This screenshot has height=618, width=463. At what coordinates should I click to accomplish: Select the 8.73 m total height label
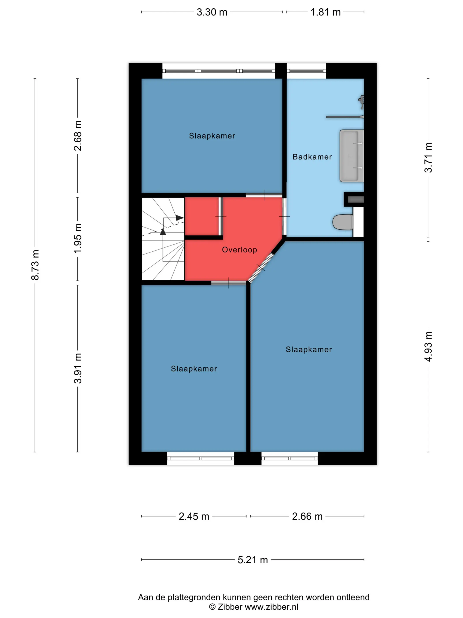pos(35,265)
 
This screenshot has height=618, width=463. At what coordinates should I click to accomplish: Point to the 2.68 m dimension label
pos(78,136)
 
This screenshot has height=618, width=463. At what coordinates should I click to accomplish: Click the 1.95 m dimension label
pos(78,239)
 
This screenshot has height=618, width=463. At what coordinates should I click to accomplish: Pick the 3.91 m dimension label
pos(78,368)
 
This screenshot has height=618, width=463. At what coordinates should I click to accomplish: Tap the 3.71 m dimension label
pos(428,158)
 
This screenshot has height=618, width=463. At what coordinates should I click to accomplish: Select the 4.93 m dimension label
pos(428,347)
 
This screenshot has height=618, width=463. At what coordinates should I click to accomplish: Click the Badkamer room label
pos(312,157)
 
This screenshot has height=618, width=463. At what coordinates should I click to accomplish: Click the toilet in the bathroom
pos(343,222)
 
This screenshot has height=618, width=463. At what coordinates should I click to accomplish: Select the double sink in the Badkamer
pos(352,156)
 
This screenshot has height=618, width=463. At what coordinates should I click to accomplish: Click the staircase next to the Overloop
pos(163,239)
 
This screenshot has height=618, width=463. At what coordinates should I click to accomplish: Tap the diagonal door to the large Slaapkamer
pos(261,268)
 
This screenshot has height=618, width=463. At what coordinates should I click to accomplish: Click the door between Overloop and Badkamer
pos(284,216)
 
